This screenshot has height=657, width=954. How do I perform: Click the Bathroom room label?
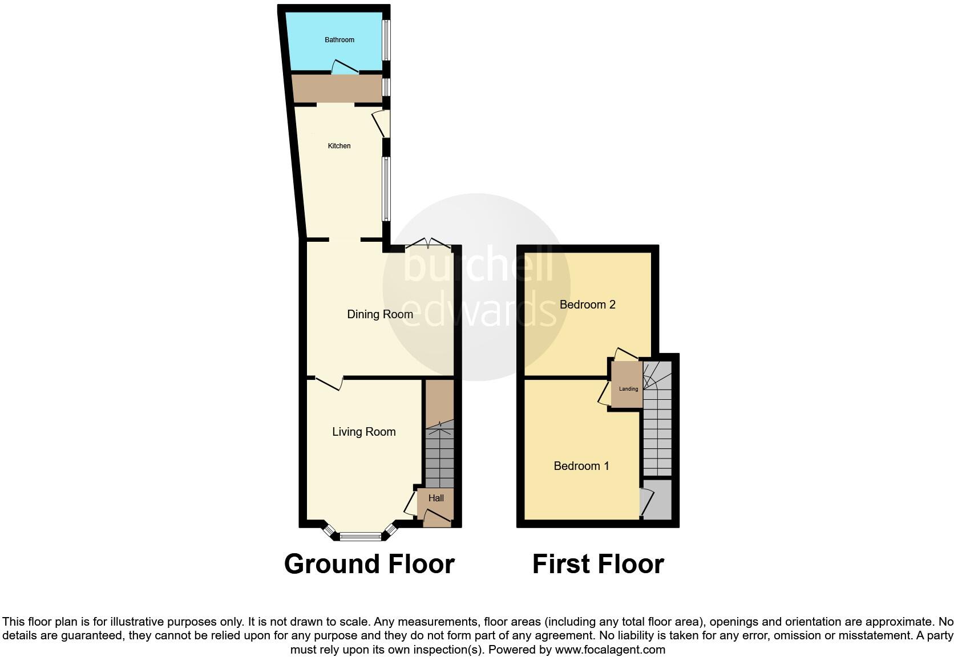[339, 40]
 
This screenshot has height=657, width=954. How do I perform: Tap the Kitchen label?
[339, 146]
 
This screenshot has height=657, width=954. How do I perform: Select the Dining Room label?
[380, 314]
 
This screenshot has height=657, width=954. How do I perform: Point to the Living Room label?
[364, 432]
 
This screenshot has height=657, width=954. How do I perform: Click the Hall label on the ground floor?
[436, 498]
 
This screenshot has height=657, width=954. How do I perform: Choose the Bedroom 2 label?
[587, 305]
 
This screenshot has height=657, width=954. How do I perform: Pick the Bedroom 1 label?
[581, 466]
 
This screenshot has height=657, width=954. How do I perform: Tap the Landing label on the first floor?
[628, 389]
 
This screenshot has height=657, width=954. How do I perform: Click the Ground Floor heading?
[369, 564]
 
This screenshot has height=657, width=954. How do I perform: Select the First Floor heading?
[598, 564]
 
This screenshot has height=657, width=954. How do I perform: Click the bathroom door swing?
[345, 67]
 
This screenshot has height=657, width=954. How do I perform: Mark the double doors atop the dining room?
[428, 244]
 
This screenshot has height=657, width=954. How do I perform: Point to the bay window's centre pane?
[360, 536]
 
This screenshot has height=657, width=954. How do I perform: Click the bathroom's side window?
[386, 40]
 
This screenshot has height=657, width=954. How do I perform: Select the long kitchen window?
[386, 189]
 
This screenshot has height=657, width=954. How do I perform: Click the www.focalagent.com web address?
[610, 650]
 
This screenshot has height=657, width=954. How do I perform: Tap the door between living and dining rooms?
[329, 382]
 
